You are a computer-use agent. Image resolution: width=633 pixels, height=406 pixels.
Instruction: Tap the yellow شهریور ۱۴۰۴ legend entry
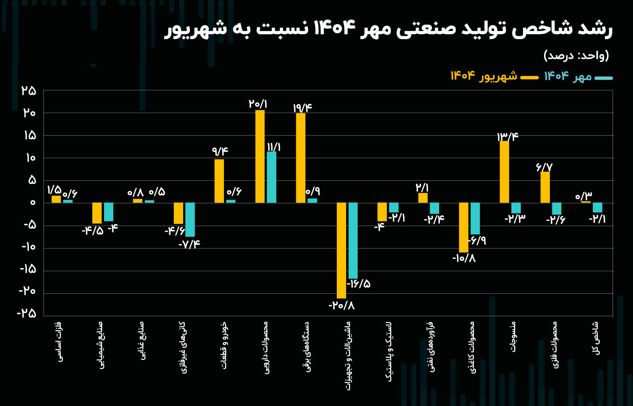[x=494, y=76]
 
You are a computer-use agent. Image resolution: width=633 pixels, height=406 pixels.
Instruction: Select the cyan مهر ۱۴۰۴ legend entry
[x=578, y=77]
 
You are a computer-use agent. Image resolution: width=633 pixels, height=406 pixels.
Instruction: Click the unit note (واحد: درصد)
[x=576, y=55]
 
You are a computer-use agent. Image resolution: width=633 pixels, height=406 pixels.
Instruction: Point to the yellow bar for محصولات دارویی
[x=260, y=157]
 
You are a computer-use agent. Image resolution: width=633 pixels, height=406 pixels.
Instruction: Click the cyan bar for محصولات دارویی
[x=271, y=177]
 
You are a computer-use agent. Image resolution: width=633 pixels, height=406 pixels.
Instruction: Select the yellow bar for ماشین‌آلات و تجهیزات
[x=341, y=250]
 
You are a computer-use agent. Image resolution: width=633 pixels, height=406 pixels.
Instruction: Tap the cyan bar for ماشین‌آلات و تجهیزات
[x=353, y=240]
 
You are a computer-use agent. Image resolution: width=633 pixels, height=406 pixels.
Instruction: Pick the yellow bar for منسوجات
[x=504, y=172]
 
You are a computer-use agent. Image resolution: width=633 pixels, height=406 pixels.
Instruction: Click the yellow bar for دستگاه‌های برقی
[x=301, y=158]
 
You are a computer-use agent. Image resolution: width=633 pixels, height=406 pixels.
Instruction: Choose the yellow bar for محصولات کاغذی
[x=464, y=227]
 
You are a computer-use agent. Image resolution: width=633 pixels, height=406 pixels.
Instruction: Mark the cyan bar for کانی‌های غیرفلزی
[x=190, y=219]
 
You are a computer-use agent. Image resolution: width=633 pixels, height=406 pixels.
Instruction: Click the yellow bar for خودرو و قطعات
[x=219, y=181]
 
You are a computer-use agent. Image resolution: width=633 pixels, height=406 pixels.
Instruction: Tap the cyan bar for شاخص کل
[x=597, y=208]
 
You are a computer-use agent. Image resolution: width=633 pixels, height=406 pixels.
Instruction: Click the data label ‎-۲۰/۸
[x=341, y=306]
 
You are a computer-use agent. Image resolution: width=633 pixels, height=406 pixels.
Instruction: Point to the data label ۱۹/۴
[x=303, y=108]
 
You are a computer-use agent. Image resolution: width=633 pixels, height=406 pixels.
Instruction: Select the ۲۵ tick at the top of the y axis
[x=29, y=91]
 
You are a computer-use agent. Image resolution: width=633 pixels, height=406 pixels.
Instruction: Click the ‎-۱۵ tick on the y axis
[x=28, y=270]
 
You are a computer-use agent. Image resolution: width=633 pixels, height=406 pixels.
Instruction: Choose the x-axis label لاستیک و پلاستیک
[x=389, y=351]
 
